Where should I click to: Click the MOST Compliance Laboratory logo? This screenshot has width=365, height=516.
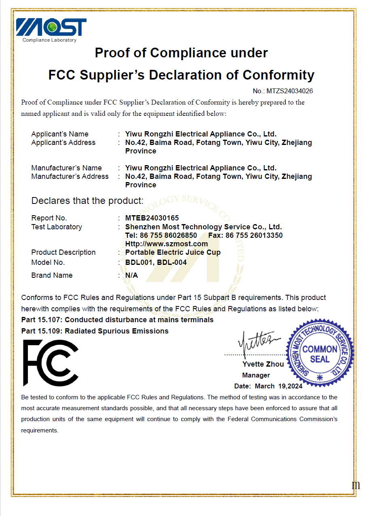click(x=51, y=29)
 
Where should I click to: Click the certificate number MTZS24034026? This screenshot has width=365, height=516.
click(x=289, y=91)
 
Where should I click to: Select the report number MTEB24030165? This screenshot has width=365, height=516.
click(x=152, y=218)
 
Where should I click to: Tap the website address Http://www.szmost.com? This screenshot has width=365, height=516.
click(x=167, y=244)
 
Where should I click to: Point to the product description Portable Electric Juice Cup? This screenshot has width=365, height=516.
click(x=173, y=252)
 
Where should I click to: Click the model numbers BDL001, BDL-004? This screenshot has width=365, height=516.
click(x=156, y=262)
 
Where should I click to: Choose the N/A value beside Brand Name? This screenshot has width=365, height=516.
click(x=132, y=275)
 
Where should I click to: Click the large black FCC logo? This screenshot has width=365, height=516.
click(x=51, y=363)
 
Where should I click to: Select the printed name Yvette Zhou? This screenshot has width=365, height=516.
click(x=263, y=364)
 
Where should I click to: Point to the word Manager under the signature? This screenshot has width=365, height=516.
click(x=256, y=375)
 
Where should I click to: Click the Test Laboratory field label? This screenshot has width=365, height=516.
click(x=57, y=227)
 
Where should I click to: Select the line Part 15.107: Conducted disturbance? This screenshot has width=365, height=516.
click(x=117, y=320)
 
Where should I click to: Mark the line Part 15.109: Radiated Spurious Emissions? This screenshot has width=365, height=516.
click(x=95, y=331)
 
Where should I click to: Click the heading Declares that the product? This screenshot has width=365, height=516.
click(x=87, y=201)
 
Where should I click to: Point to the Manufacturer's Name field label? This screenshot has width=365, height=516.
click(x=66, y=168)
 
